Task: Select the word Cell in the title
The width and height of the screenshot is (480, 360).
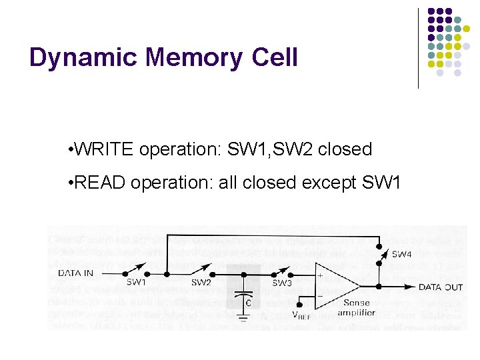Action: tap(275, 57)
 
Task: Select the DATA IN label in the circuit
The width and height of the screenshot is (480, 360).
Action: tap(76, 272)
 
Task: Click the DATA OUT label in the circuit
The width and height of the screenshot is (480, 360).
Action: tap(441, 287)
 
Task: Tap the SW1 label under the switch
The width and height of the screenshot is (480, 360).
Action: tap(136, 282)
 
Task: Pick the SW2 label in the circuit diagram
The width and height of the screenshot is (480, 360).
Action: tap(201, 282)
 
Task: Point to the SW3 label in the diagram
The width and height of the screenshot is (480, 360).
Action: tap(282, 282)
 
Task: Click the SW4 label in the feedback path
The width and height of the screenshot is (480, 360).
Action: tap(401, 253)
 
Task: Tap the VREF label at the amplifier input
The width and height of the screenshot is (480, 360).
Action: tap(301, 315)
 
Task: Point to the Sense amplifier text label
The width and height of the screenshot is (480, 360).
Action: tap(357, 307)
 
